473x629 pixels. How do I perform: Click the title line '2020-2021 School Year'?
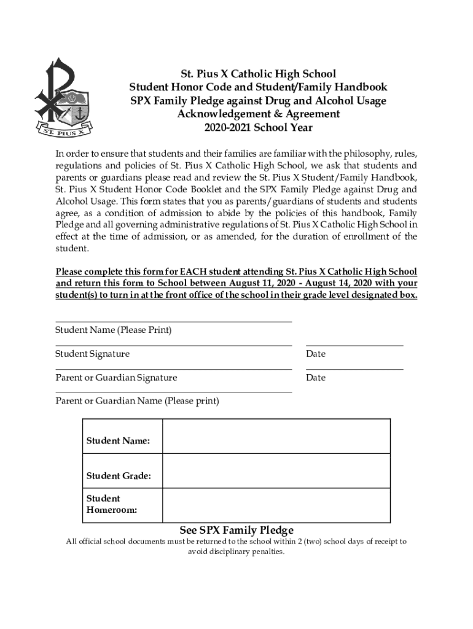[258, 128]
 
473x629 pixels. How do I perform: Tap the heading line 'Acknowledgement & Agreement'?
[258, 114]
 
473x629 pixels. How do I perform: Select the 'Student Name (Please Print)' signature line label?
[114, 330]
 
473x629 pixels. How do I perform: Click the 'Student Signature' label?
[93, 354]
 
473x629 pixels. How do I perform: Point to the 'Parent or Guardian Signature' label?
[116, 378]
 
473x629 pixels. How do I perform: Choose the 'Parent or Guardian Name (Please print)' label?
[137, 401]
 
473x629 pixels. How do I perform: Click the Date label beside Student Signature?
[316, 354]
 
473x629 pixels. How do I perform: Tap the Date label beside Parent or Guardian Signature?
[316, 378]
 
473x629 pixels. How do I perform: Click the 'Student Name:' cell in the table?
[118, 441]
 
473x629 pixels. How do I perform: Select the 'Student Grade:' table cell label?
[119, 476]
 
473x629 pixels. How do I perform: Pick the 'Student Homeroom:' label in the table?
[112, 504]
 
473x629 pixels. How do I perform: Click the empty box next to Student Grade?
[276, 471]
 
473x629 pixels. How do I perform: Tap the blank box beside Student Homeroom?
[276, 505]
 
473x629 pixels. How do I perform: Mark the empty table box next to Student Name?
[276, 436]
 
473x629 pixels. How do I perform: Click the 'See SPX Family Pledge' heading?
[237, 530]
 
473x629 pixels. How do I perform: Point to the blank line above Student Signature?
[173, 345]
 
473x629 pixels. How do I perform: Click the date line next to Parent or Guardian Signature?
[354, 369]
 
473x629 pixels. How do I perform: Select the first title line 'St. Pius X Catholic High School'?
[258, 74]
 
